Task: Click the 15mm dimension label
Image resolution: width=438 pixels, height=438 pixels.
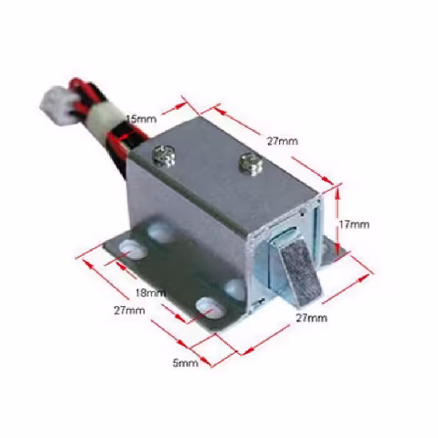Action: (x=141, y=120)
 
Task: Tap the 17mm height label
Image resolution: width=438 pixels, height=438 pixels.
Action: (x=354, y=225)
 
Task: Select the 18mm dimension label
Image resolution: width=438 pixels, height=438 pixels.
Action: (x=150, y=293)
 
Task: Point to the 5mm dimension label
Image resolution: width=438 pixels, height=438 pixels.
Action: (x=185, y=363)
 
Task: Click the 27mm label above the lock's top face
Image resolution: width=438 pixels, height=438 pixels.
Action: (x=282, y=141)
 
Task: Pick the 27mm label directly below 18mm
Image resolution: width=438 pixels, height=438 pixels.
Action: (x=130, y=310)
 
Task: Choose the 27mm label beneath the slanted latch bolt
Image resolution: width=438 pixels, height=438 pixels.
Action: (x=312, y=318)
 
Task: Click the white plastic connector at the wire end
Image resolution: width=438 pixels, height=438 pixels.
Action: (x=58, y=106)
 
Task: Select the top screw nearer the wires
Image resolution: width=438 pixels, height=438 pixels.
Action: (x=165, y=156)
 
